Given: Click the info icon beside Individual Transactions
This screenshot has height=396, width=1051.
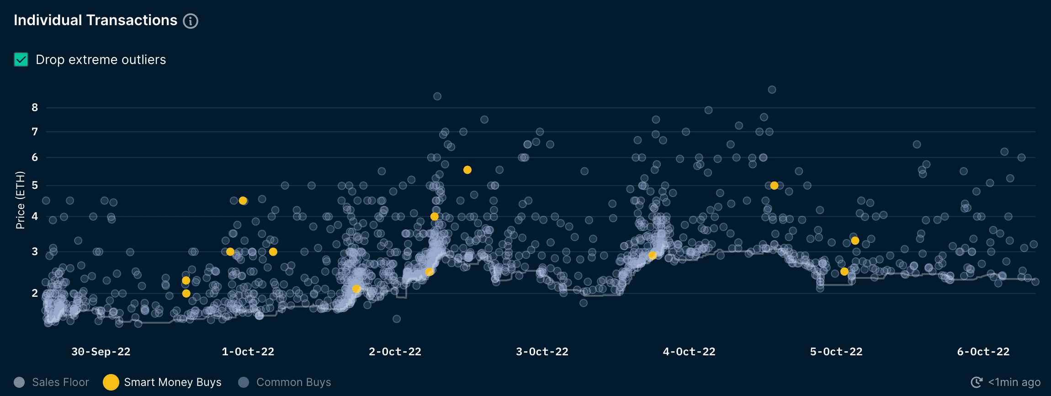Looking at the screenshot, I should [191, 21].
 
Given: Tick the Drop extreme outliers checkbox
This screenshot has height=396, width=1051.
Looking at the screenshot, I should [21, 59].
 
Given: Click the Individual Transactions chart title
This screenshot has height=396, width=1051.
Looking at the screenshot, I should [96, 20].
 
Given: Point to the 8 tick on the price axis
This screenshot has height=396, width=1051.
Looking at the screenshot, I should [35, 107].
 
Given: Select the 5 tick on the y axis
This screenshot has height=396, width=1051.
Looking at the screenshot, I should [35, 185].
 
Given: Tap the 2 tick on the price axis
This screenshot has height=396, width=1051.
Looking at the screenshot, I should [35, 293].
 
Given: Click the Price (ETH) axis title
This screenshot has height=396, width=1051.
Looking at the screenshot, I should [20, 200].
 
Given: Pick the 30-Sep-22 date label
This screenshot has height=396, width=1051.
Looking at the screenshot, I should [101, 352].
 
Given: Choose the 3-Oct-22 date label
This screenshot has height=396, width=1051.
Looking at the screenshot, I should [542, 352].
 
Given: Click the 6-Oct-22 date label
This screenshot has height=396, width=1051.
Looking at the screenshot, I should [983, 352].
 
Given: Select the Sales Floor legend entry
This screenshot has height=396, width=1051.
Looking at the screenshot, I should [51, 382].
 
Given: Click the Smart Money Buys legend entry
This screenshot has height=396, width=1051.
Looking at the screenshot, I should [163, 382].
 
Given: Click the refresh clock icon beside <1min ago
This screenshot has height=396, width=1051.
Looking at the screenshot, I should [976, 382].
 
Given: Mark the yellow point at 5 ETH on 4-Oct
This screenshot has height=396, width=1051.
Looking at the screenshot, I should [774, 186].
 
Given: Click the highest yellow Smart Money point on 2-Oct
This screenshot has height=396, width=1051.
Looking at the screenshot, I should [467, 170].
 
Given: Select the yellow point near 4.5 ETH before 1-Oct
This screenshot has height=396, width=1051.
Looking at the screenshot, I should [243, 201].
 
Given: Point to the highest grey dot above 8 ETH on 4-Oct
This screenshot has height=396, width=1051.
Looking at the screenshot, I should [772, 90].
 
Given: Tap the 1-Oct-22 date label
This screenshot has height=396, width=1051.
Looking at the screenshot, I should [248, 352].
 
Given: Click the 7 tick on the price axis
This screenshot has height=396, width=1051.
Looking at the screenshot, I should [35, 132].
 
